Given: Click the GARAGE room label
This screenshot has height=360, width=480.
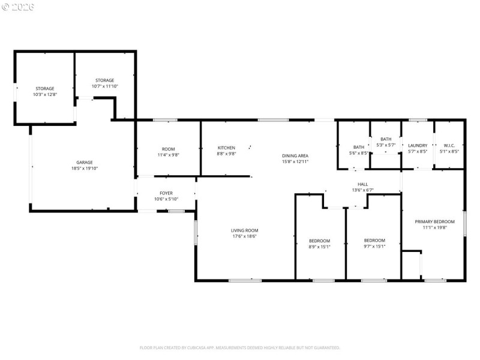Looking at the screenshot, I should pyautogui.click(x=84, y=162).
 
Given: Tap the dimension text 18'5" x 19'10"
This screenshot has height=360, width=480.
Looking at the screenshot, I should pyautogui.click(x=84, y=169).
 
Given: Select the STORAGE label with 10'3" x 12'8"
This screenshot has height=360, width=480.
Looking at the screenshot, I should pyautogui.click(x=44, y=88).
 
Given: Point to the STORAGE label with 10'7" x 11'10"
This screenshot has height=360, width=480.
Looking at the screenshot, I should pyautogui.click(x=105, y=80).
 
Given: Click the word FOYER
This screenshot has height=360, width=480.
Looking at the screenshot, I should pyautogui.click(x=166, y=193).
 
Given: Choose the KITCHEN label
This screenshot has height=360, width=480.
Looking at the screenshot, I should pyautogui.click(x=226, y=148).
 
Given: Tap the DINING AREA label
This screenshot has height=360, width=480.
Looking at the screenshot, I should pyautogui.click(x=295, y=156).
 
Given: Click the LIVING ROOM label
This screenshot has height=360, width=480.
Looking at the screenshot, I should pyautogui.click(x=244, y=230).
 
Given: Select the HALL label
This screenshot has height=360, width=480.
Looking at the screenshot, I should pyautogui.click(x=362, y=184).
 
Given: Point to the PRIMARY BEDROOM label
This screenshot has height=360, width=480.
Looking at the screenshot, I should pyautogui.click(x=432, y=221).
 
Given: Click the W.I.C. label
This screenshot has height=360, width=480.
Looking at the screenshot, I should pyautogui.click(x=449, y=145).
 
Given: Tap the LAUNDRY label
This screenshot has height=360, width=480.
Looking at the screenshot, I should pyautogui.click(x=418, y=145).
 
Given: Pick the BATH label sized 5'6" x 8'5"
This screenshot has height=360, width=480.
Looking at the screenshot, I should pyautogui.click(x=358, y=147).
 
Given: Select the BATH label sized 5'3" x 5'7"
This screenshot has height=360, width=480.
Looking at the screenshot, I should pyautogui.click(x=386, y=139).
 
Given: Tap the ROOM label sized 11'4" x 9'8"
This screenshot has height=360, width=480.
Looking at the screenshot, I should pyautogui.click(x=169, y=149).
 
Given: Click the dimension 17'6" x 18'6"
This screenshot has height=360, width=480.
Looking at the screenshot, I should pyautogui.click(x=244, y=236).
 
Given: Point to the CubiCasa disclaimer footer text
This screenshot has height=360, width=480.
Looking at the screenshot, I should pyautogui.click(x=240, y=347).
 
